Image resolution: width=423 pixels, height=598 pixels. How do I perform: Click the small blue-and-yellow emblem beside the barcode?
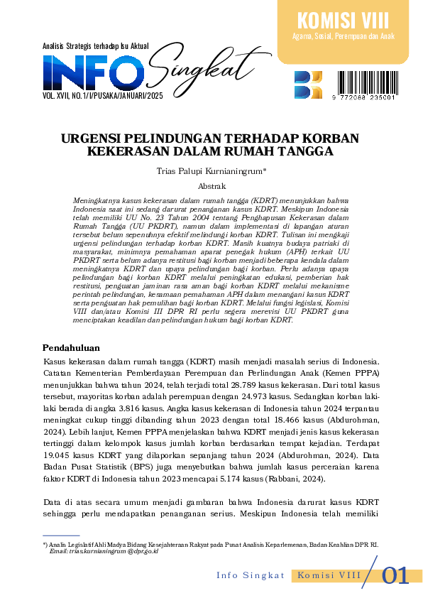click(307, 85)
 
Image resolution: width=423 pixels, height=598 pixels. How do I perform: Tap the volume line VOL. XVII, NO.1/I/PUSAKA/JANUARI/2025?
click(103, 94)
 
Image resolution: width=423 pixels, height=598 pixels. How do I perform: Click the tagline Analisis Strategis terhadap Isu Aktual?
click(95, 46)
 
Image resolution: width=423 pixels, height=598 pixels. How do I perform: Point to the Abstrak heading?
click(211, 186)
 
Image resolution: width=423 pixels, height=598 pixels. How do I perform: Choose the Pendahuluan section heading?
click(71, 347)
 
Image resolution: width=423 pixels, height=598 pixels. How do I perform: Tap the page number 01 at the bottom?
click(395, 575)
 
